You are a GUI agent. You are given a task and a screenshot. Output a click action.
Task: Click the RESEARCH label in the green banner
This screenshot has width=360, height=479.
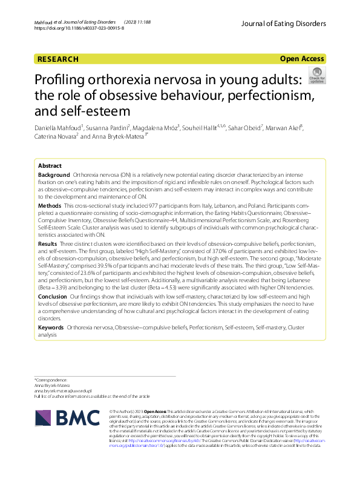pos(57,59)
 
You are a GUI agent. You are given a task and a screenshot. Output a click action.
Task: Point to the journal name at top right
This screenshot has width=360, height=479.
pos(283,24)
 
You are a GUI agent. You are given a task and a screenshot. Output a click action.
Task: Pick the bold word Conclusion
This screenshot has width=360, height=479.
pos(53,297)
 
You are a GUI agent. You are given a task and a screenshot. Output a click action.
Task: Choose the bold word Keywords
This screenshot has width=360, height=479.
pos(51,327)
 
